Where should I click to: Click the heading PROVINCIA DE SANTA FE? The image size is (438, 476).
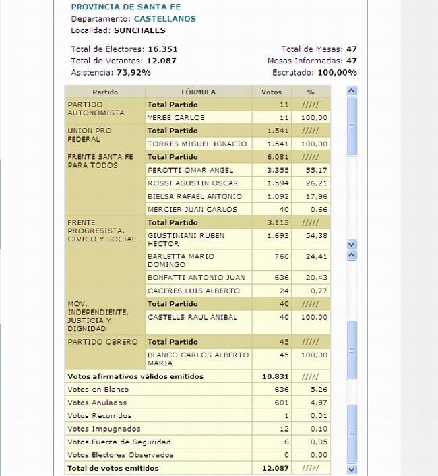point(119,7)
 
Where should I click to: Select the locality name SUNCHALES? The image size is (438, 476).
point(139,30)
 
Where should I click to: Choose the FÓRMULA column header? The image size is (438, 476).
point(199,92)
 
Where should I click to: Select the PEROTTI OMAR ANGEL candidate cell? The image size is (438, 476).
point(191,170)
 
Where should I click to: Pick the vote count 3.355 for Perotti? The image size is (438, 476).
point(278,170)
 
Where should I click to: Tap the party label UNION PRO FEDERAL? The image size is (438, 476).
point(90,135)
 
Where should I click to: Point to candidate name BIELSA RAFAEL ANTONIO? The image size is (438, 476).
point(194,196)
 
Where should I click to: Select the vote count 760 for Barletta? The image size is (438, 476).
point(282,256)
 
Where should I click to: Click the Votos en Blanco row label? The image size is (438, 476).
point(98,390)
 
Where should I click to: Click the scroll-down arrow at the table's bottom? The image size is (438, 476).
point(351,469)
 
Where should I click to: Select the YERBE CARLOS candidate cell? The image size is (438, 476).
point(177,118)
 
